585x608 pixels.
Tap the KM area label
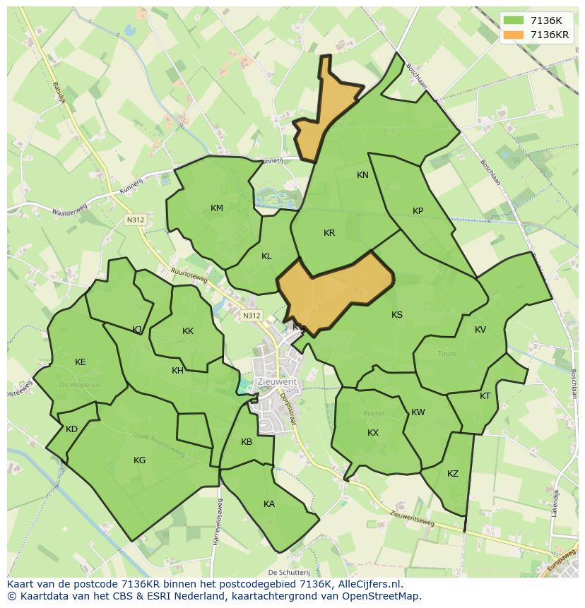click(x=217, y=208)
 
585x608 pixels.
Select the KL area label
click(x=266, y=256)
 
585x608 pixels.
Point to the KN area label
click(x=362, y=175)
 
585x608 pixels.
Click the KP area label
click(x=418, y=211)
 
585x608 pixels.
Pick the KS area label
click(x=397, y=315)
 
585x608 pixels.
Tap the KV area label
click(x=480, y=330)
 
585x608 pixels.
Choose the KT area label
click(x=485, y=396)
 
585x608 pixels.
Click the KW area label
click(x=418, y=412)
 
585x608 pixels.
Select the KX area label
click(x=373, y=433)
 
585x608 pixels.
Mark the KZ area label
click(x=453, y=474)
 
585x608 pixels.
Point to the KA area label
click(x=269, y=504)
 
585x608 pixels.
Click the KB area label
click(x=247, y=443)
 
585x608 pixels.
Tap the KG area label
click(x=140, y=460)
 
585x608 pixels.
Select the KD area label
click(x=71, y=429)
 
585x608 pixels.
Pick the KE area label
click(x=81, y=362)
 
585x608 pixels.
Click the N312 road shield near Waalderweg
click(x=136, y=220)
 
